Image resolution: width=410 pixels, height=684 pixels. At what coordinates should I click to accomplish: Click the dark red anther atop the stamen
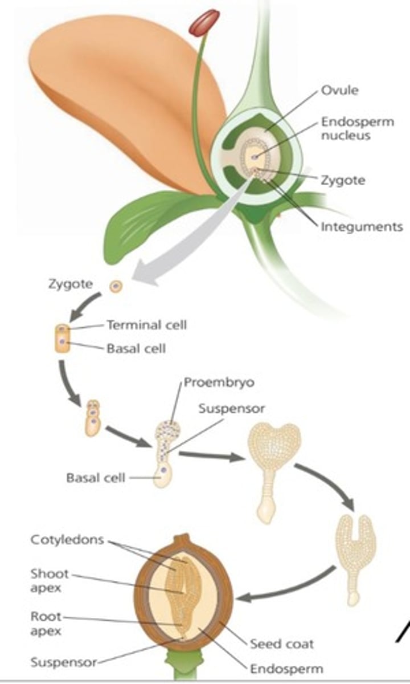(204, 23)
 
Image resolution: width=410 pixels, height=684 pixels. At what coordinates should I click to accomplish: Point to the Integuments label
(362, 226)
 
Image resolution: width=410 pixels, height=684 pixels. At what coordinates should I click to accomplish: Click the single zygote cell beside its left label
(116, 285)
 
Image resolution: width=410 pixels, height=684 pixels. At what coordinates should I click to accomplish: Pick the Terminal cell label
(146, 325)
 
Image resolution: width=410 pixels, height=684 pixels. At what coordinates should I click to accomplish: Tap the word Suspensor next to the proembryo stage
(232, 409)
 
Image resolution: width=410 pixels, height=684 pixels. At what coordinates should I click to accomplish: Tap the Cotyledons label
(67, 539)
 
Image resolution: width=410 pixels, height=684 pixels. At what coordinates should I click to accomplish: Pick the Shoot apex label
(49, 580)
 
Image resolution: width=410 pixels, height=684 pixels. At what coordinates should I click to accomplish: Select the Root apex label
(46, 624)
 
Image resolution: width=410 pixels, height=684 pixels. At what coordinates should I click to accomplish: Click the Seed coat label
(282, 644)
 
